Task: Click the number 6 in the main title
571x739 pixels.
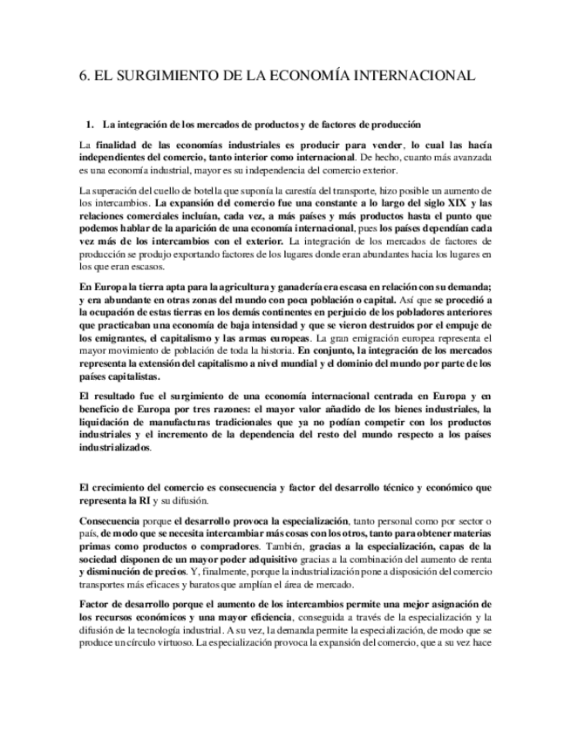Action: (83, 76)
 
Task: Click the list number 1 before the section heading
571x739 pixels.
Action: (89, 125)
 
